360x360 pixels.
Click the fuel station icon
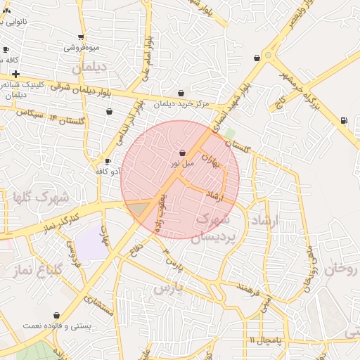pyautogui.click(x=343, y=120)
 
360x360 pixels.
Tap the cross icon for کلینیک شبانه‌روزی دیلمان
pyautogui.click(x=15, y=74)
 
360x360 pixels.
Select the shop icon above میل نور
pyautogui.click(x=182, y=152)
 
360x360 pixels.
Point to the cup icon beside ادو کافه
pyautogui.click(x=108, y=161)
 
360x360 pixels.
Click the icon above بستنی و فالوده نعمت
pyautogui.click(x=56, y=316)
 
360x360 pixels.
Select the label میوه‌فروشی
pyautogui.click(x=82, y=48)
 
